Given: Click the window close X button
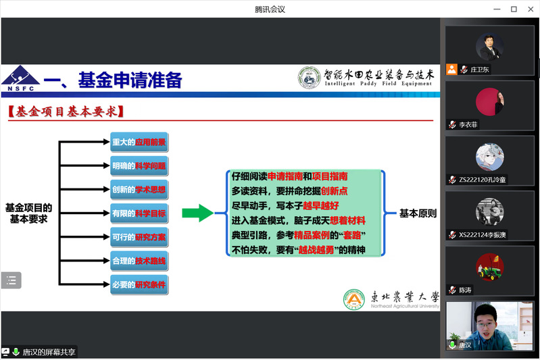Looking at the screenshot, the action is click(531, 9).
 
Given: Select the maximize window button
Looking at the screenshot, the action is click(514, 9).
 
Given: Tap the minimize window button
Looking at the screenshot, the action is click(497, 9).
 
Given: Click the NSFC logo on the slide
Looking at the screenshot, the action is click(20, 78).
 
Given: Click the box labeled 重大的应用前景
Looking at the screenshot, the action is click(139, 142).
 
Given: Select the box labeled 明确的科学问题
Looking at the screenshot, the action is click(139, 166).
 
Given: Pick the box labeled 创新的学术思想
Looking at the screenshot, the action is click(139, 190).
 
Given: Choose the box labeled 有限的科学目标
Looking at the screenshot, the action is click(139, 213).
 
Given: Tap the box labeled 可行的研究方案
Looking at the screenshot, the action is click(139, 237).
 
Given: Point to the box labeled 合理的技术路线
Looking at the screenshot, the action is click(139, 261).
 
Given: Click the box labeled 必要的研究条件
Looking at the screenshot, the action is click(139, 284).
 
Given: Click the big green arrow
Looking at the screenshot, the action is click(197, 213).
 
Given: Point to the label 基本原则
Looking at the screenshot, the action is click(418, 213).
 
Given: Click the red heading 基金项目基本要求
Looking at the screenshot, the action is click(66, 111).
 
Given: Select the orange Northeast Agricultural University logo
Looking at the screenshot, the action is click(354, 299).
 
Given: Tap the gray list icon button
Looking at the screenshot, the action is click(11, 280).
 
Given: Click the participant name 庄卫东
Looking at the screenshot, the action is click(479, 70).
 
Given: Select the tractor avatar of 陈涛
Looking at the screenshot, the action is click(490, 267).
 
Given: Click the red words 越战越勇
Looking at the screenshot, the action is click(316, 250).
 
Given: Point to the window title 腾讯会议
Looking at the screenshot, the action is click(270, 9).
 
